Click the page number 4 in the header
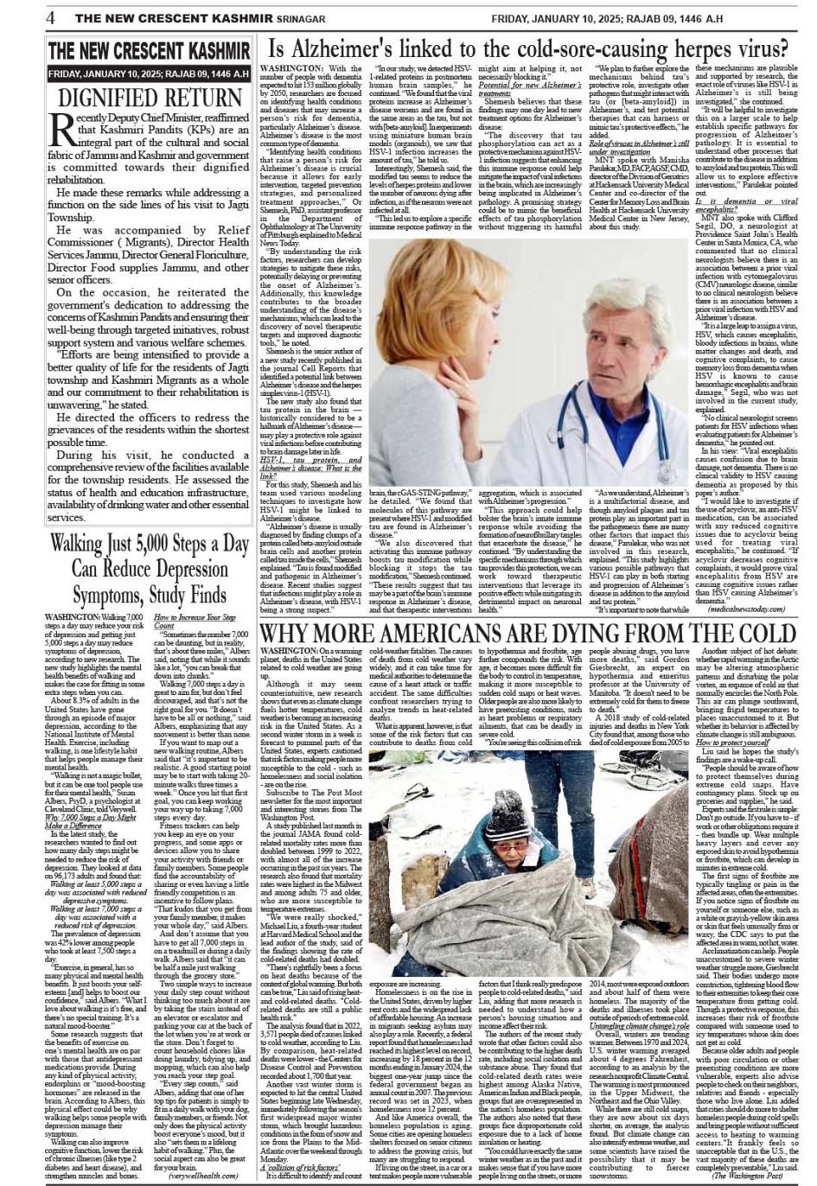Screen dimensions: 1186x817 pos(52,16)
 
